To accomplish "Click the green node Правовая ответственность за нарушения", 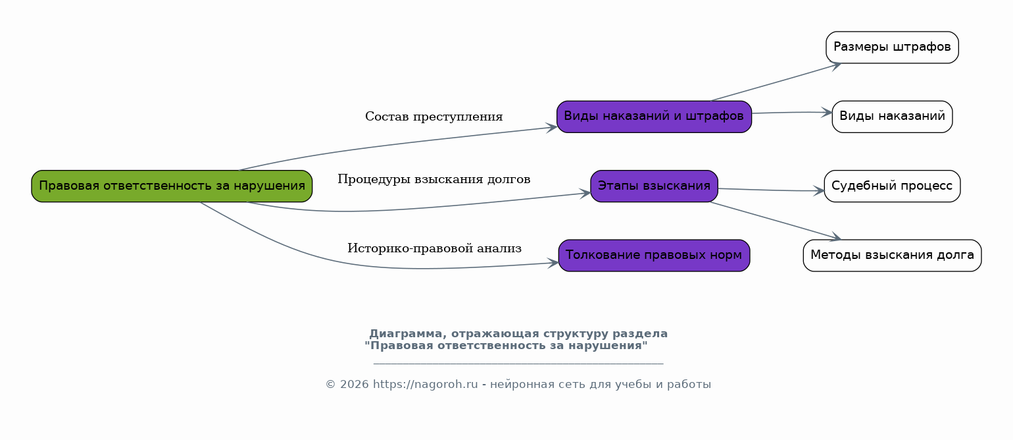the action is pyautogui.click(x=172, y=186).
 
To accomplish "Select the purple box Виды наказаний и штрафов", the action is pyautogui.click(x=654, y=117).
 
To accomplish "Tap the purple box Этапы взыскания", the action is pyautogui.click(x=654, y=186).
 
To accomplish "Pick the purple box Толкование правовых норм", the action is pyautogui.click(x=654, y=256).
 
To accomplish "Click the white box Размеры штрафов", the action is pyautogui.click(x=892, y=47).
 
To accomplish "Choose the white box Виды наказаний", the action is pyautogui.click(x=892, y=117).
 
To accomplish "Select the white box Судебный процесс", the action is pyautogui.click(x=892, y=186).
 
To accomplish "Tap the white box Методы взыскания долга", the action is pyautogui.click(x=892, y=256).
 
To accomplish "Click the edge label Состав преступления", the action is pyautogui.click(x=433, y=117).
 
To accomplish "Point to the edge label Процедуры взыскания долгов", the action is pyautogui.click(x=433, y=179).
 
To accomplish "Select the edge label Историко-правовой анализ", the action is pyautogui.click(x=434, y=248).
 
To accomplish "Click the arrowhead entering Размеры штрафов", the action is pyautogui.click(x=836, y=66).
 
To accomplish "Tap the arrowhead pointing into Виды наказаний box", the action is pyautogui.click(x=827, y=112).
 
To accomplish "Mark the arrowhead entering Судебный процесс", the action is pyautogui.click(x=818, y=191).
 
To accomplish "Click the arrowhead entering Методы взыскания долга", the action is pyautogui.click(x=835, y=236).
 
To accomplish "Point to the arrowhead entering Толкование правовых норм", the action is pyautogui.click(x=553, y=263).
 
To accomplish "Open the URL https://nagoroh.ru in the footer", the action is pyautogui.click(x=425, y=384).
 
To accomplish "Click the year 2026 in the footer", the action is pyautogui.click(x=354, y=384).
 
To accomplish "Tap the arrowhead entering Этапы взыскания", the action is pyautogui.click(x=585, y=193).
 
